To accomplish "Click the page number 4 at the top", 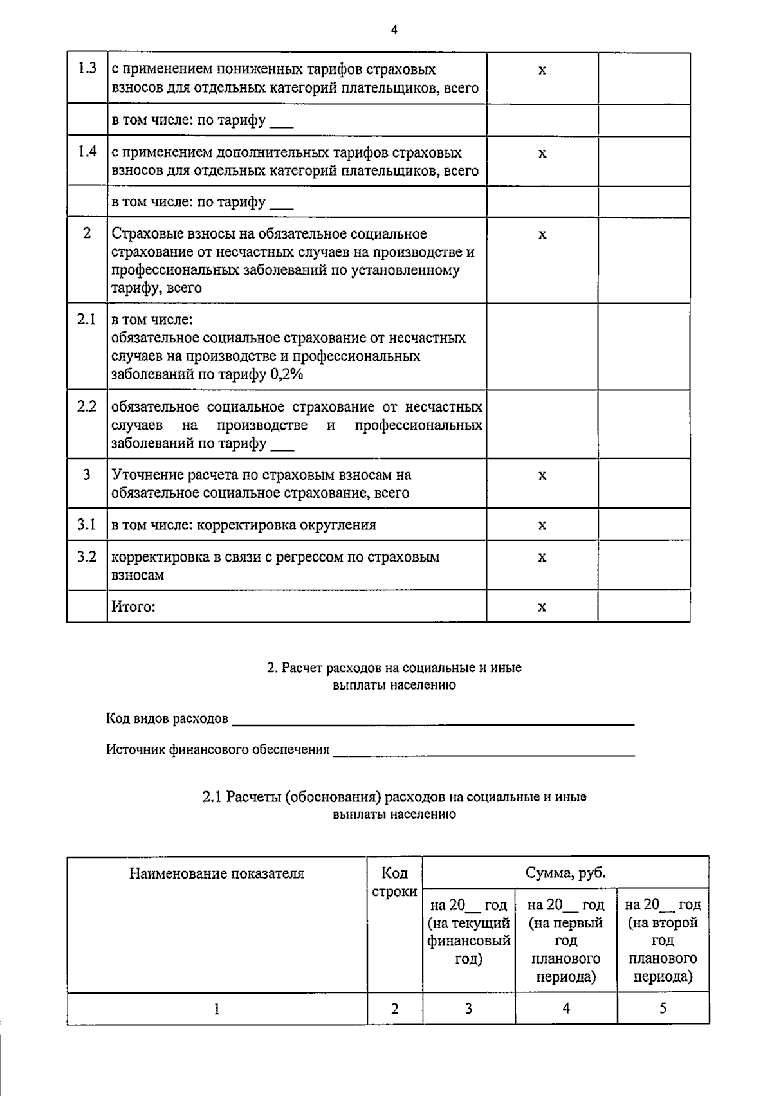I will (394, 29).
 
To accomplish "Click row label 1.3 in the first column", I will (87, 69).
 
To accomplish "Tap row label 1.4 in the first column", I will (87, 152).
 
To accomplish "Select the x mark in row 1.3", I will (542, 70).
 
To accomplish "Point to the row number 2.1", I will (87, 319).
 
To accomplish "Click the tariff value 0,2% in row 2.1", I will (287, 374).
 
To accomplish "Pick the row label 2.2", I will (87, 406).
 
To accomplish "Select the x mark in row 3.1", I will (542, 525).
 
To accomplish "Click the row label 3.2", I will (87, 556).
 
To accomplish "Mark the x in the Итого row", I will (542, 607).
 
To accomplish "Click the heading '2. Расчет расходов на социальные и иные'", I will (394, 668).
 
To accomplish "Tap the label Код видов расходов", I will (167, 718).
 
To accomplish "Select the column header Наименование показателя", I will (217, 873).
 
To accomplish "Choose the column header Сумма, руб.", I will (565, 873).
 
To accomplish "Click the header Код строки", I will (394, 882).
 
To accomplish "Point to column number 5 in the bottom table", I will (663, 1008).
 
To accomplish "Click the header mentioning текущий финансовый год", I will (468, 931).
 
